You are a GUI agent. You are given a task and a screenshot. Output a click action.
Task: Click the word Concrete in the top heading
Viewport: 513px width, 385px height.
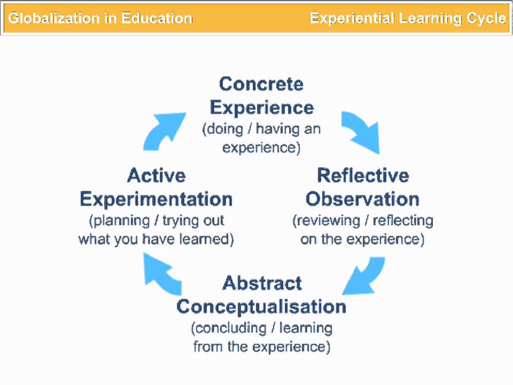tap(261, 84)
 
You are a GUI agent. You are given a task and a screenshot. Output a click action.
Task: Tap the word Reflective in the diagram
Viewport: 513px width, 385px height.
tap(362, 175)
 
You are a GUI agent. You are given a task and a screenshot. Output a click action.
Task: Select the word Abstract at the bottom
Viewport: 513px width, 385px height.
tap(262, 283)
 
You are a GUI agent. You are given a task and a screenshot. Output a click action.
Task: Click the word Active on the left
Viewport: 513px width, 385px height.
tap(157, 175)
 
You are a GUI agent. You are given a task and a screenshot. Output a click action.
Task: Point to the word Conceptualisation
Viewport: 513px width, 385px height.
tap(261, 306)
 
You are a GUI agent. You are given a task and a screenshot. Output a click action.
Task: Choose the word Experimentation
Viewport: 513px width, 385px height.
tap(156, 199)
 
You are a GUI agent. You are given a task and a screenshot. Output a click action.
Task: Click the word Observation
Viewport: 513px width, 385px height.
tap(362, 199)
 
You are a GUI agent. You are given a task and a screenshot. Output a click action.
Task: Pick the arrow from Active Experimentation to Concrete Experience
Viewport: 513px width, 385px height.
tap(163, 130)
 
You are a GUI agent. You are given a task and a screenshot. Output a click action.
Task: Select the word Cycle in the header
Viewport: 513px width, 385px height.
tap(486, 18)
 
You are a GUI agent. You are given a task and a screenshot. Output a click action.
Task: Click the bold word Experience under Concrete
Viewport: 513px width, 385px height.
tap(261, 107)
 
